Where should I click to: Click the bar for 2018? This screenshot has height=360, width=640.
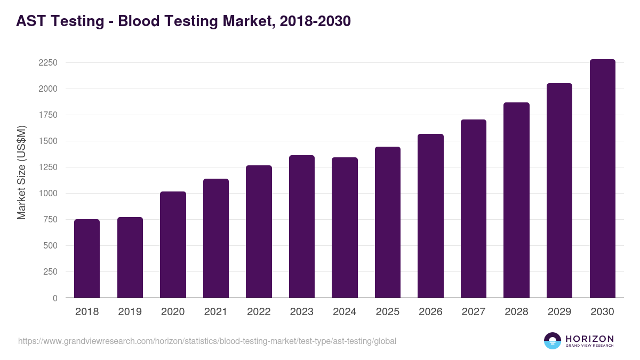87,259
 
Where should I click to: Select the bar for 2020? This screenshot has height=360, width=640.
173,245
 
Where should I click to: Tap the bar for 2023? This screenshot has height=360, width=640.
302,227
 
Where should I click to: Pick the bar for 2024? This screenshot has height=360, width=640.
345,228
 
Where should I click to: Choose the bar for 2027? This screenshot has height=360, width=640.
474,209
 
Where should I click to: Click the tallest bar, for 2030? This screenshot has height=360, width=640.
602,179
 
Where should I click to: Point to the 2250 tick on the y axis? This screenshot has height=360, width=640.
47,63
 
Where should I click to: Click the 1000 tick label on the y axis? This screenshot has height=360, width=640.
47,194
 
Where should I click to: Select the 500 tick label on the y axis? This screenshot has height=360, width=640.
50,246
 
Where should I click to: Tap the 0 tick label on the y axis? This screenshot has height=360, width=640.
54,298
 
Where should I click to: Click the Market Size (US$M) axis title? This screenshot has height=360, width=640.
21,172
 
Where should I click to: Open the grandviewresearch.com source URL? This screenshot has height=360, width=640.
207,341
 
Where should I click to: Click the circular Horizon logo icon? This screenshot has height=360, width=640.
552,341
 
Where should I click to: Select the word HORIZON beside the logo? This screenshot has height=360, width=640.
589,338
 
